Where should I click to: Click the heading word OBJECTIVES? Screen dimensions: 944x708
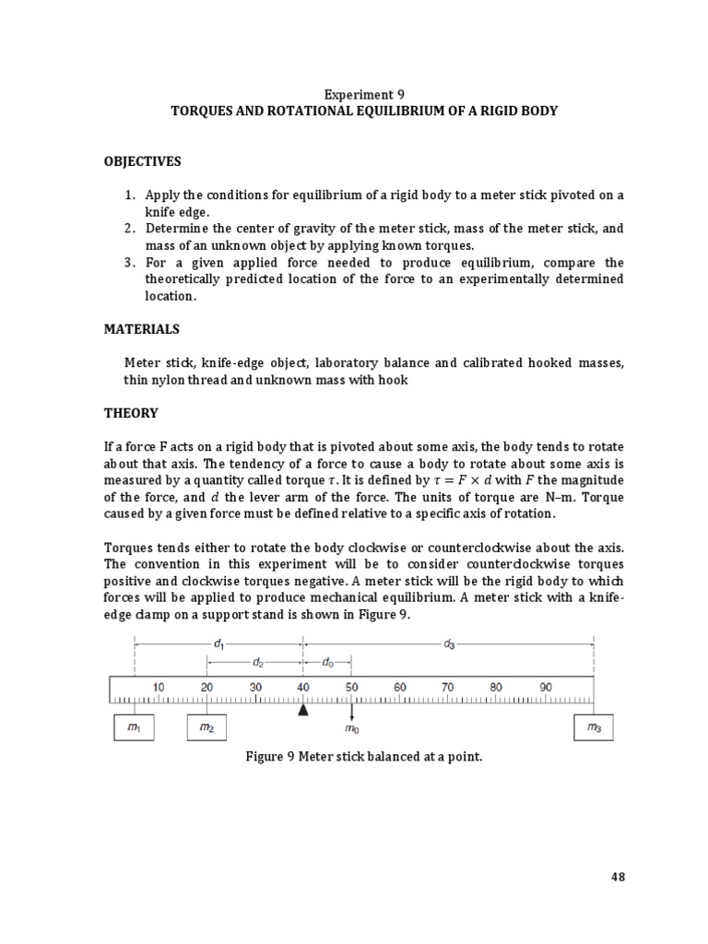click(142, 161)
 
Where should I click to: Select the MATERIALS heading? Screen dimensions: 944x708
click(141, 329)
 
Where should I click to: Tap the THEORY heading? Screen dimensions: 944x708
click(131, 413)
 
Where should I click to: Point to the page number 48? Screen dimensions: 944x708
click(618, 877)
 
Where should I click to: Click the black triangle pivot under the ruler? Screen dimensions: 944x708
click(302, 710)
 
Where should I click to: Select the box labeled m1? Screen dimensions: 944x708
click(134, 728)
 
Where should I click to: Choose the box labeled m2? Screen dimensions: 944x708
click(206, 728)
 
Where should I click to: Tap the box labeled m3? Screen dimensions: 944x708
click(594, 728)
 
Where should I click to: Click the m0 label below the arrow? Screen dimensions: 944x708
click(351, 729)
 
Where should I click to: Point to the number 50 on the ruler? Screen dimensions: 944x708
click(351, 687)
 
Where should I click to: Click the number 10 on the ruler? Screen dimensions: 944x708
click(159, 687)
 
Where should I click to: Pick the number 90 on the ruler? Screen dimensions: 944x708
click(545, 687)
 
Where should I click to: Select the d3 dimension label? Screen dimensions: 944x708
click(449, 644)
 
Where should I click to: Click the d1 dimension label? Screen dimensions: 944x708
click(218, 644)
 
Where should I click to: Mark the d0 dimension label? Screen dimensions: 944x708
click(328, 662)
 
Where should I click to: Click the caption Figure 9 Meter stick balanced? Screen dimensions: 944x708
click(363, 757)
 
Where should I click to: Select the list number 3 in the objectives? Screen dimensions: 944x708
click(129, 262)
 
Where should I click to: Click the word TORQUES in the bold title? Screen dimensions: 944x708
click(201, 111)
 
